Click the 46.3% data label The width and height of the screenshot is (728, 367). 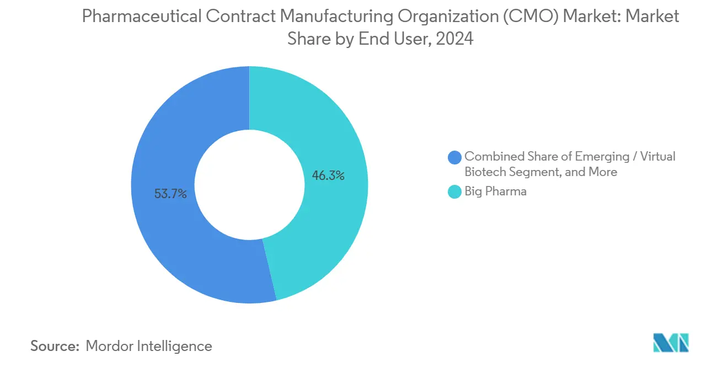point(328,176)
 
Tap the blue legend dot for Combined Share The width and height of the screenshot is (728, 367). point(454,157)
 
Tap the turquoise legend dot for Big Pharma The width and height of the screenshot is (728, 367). point(454,192)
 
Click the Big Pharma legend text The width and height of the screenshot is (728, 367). point(495,192)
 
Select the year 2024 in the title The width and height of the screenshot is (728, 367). point(455,39)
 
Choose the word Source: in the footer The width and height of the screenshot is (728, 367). point(55,346)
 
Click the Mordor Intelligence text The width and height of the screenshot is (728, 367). point(149,346)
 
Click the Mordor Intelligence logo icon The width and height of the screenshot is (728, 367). point(671,343)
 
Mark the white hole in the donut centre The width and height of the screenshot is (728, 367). point(249,184)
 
